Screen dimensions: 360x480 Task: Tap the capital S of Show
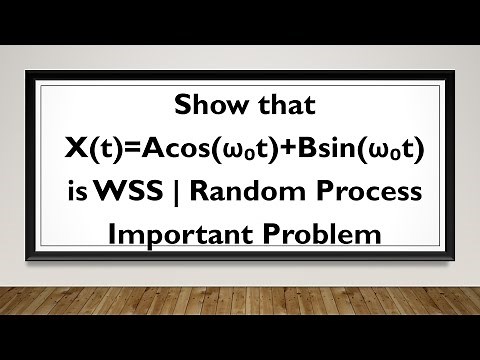coord(179,104)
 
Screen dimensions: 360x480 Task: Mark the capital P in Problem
coord(284,235)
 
